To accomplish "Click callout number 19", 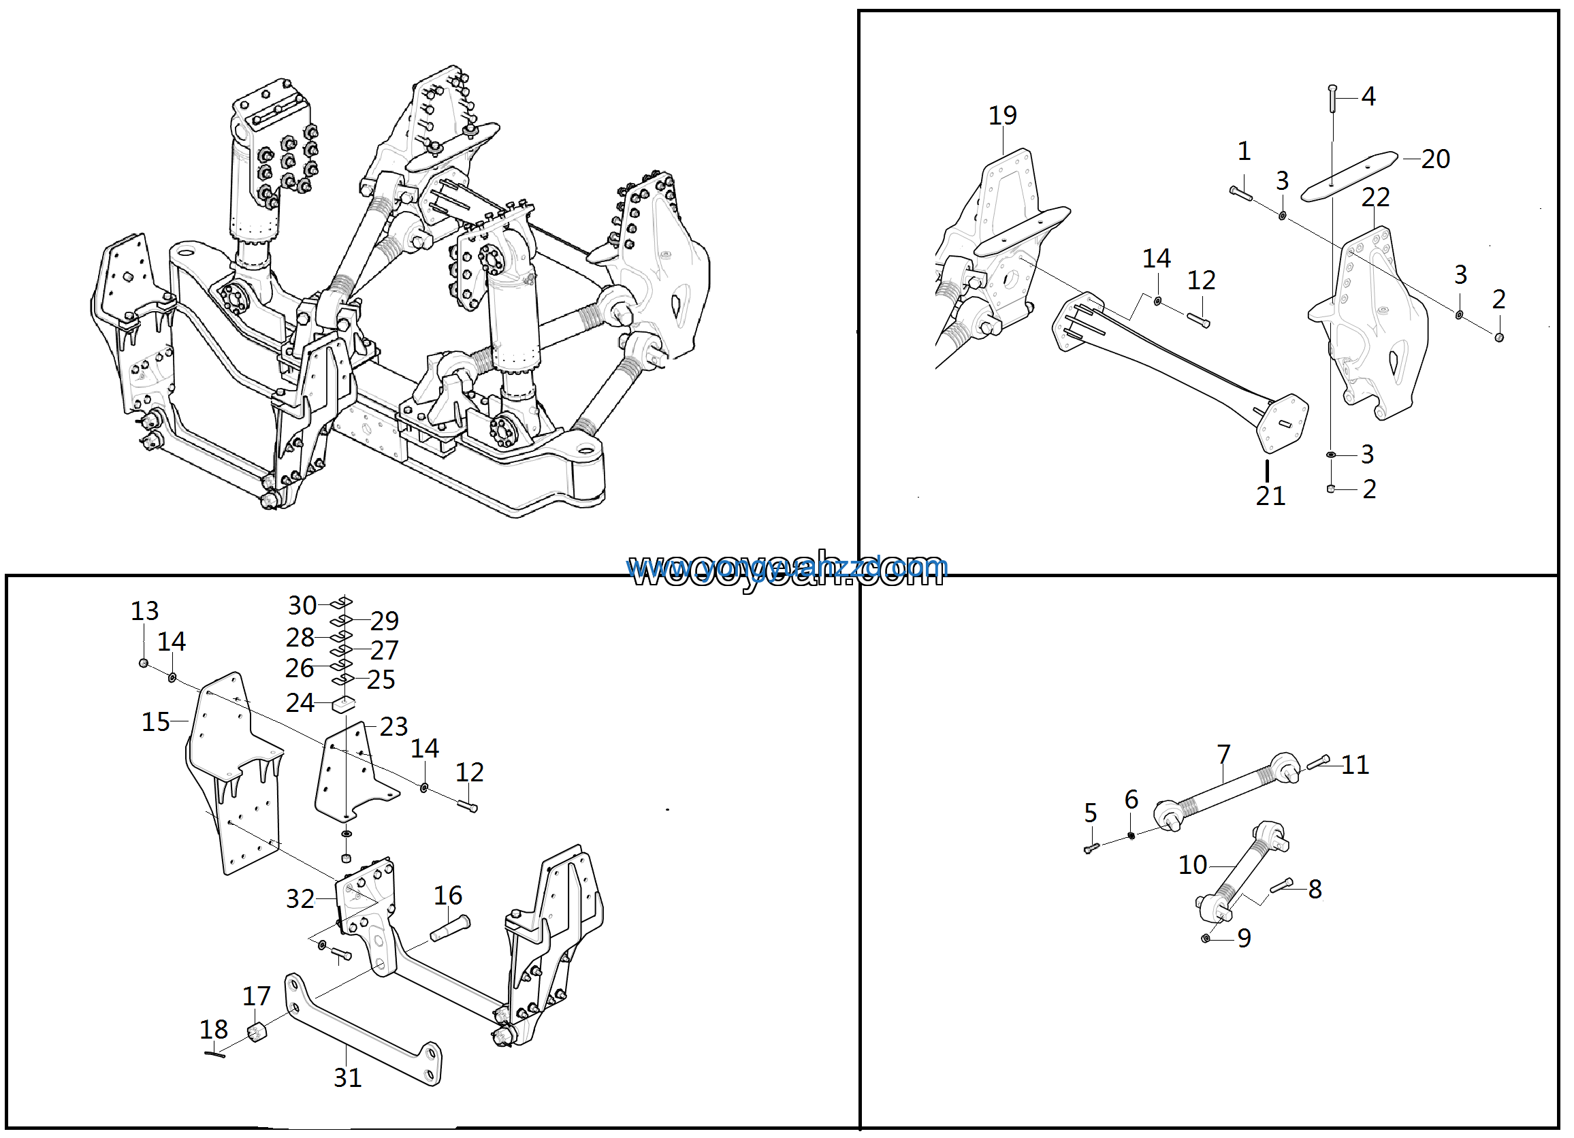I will pyautogui.click(x=1002, y=116).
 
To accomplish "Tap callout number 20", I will pyautogui.click(x=1435, y=159).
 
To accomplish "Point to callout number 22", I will pyautogui.click(x=1375, y=198).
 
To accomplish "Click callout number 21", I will pyautogui.click(x=1270, y=496).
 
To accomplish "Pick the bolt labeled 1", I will pyautogui.click(x=1240, y=193).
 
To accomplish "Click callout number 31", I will pyautogui.click(x=348, y=1078).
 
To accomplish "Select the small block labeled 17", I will pyautogui.click(x=257, y=1032).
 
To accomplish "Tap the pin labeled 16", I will pyautogui.click(x=451, y=928).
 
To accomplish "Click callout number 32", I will pyautogui.click(x=300, y=899).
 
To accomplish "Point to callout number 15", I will pyautogui.click(x=155, y=722).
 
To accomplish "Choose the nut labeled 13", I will pyautogui.click(x=144, y=664).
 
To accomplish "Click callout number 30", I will pyautogui.click(x=302, y=606).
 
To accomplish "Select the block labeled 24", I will pyautogui.click(x=344, y=705).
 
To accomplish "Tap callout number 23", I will pyautogui.click(x=394, y=726).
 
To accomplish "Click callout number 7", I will pyautogui.click(x=1223, y=754).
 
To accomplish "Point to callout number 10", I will pyautogui.click(x=1193, y=865).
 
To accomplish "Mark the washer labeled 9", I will pyautogui.click(x=1206, y=938).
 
